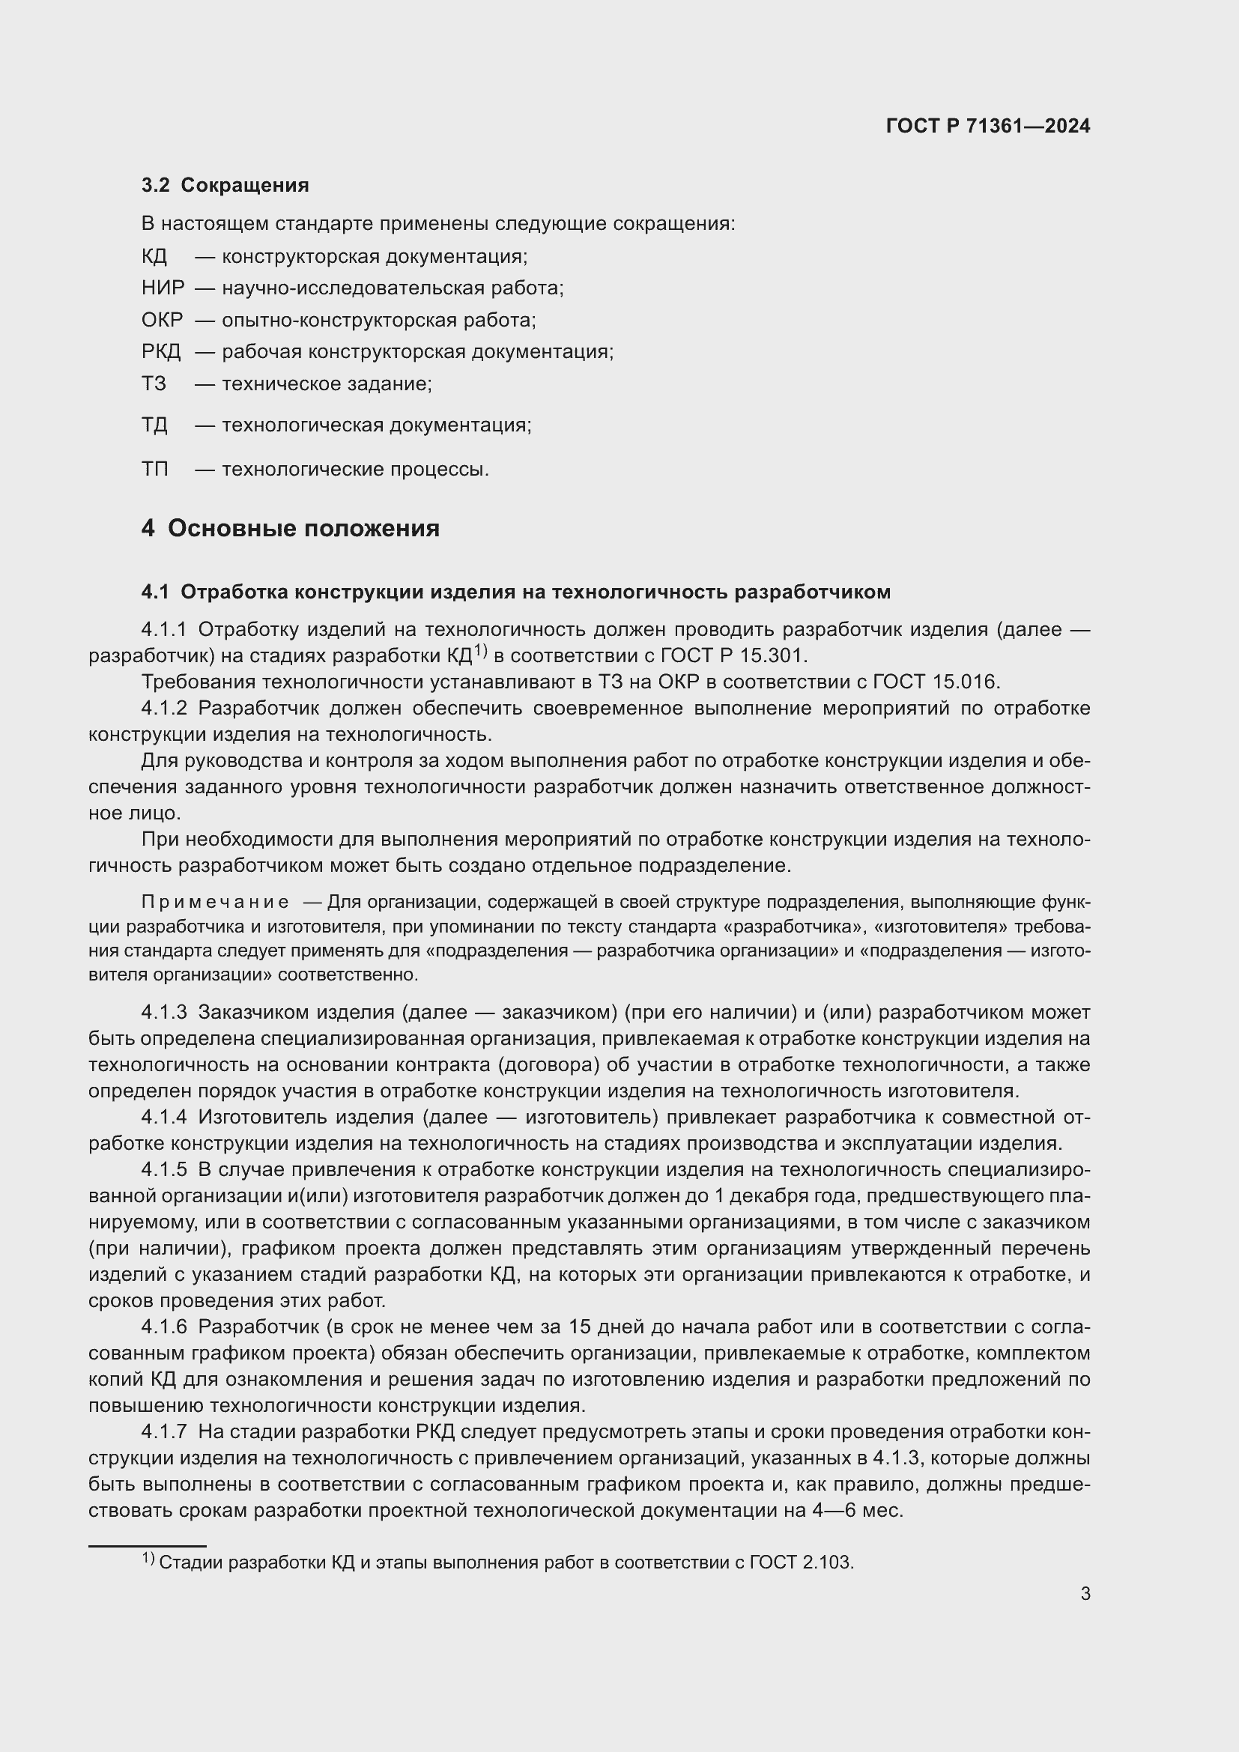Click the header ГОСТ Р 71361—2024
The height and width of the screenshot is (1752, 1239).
(x=988, y=126)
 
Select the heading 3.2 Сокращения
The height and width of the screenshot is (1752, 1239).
(x=225, y=186)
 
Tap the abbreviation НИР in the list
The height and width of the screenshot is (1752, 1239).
(x=163, y=288)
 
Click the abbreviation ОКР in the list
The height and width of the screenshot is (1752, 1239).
(x=162, y=320)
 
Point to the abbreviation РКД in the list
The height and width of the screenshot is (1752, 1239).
(x=161, y=352)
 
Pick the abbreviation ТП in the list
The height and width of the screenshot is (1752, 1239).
(x=155, y=468)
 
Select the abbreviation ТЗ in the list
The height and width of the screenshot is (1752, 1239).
(x=154, y=383)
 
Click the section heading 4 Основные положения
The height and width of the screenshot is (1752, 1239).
(x=290, y=528)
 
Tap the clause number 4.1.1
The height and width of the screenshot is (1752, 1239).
(x=163, y=629)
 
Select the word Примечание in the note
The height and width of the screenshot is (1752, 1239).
(x=215, y=903)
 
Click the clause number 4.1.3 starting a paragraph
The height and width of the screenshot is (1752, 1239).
(x=163, y=1013)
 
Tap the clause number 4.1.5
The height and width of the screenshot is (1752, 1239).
(x=163, y=1170)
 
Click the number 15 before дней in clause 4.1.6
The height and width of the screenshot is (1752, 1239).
(x=580, y=1327)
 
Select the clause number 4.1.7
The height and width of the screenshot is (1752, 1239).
(x=163, y=1431)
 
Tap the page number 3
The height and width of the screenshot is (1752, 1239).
(x=1085, y=1594)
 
